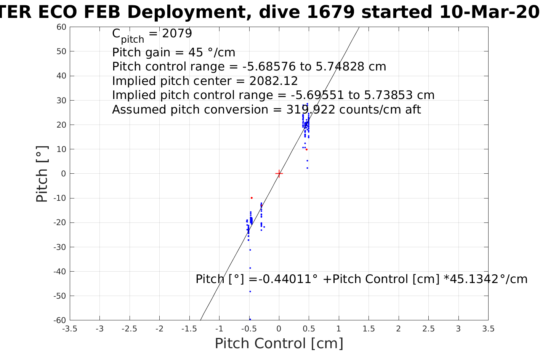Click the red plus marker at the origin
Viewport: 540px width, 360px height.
pyautogui.click(x=279, y=174)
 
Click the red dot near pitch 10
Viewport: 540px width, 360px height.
pyautogui.click(x=306, y=149)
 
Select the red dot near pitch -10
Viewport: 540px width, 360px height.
pyautogui.click(x=252, y=198)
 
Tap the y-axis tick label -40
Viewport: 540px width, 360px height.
pyautogui.click(x=60, y=272)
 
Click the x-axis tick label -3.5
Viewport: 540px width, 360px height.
pyautogui.click(x=69, y=329)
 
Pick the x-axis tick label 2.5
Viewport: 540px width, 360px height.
pyautogui.click(x=428, y=329)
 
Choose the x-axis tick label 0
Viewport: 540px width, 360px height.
pyautogui.click(x=279, y=329)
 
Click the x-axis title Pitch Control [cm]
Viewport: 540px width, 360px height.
pyautogui.click(x=279, y=344)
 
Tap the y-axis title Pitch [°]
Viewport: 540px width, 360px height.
pyautogui.click(x=42, y=174)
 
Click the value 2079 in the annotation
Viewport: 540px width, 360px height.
pyautogui.click(x=177, y=34)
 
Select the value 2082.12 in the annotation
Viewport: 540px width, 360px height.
pyautogui.click(x=274, y=81)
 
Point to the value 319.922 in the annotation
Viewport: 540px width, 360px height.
pyautogui.click(x=311, y=110)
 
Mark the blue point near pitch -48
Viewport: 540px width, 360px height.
pyautogui.click(x=250, y=291)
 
